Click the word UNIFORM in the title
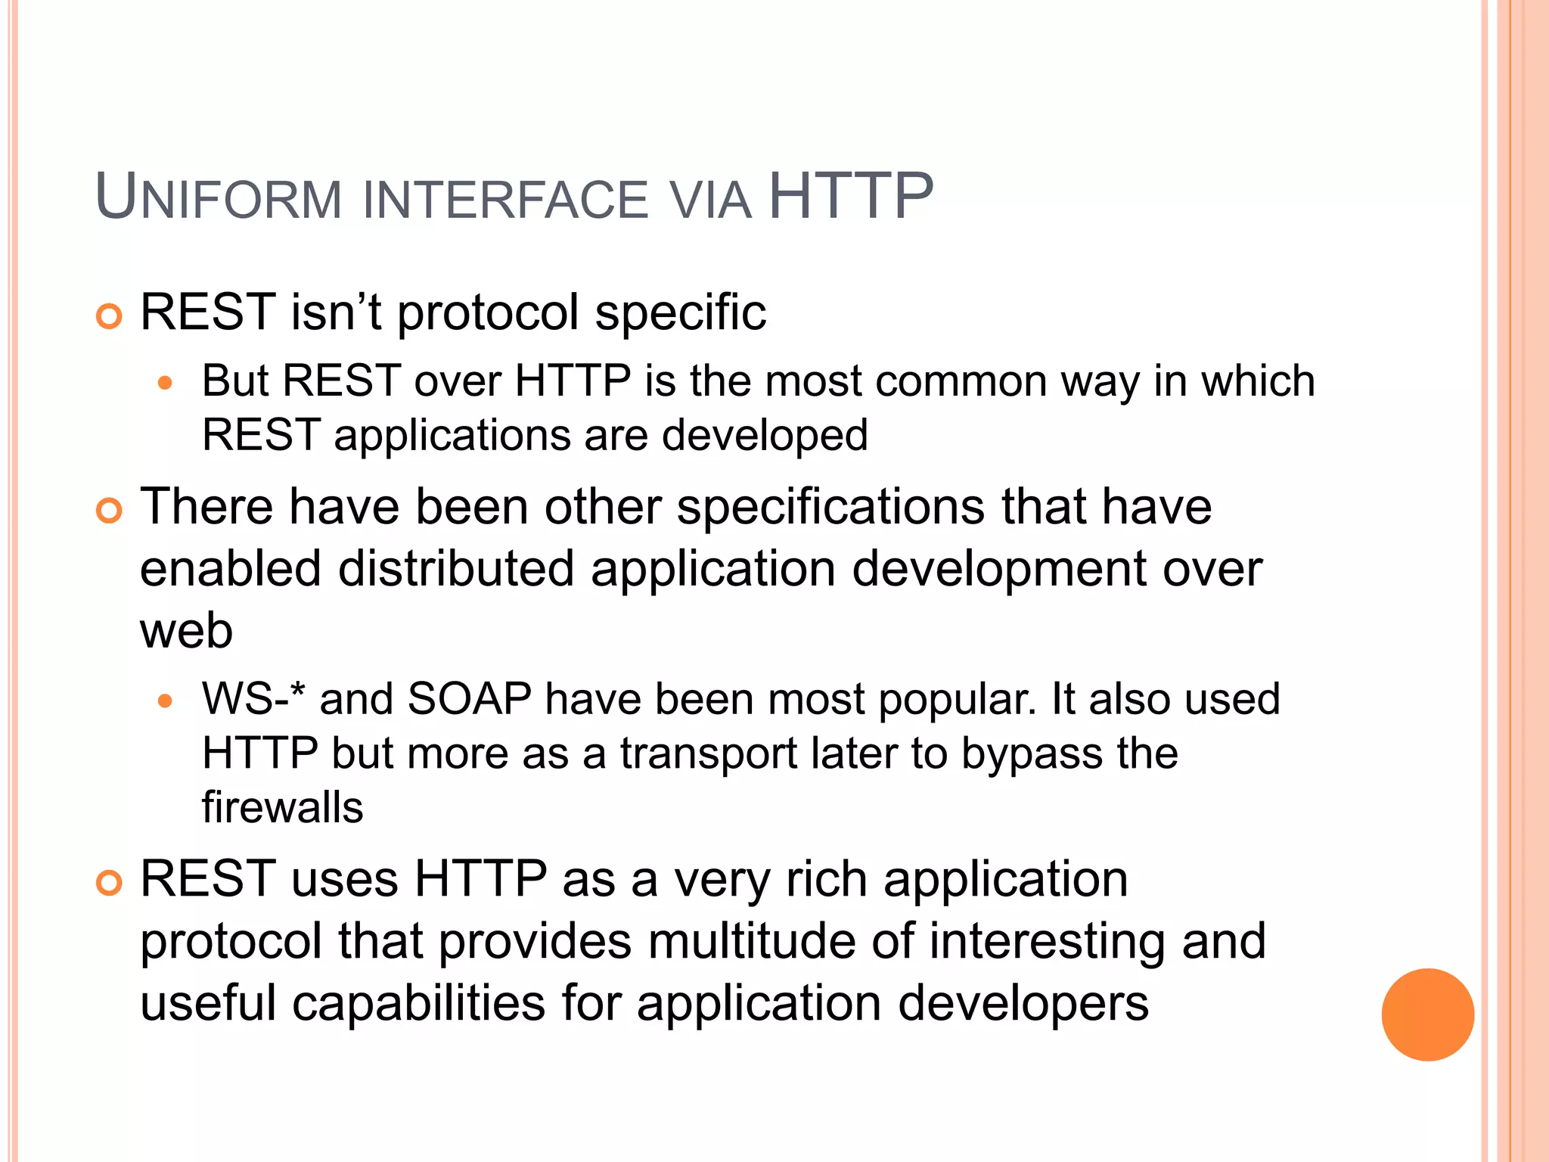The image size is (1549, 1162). (219, 198)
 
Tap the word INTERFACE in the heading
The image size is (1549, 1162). (505, 200)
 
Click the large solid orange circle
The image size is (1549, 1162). (1427, 1014)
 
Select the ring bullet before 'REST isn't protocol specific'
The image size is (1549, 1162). (110, 316)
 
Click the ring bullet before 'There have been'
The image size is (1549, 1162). (110, 511)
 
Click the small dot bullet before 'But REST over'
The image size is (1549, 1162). (166, 383)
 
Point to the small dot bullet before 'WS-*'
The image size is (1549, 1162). (166, 701)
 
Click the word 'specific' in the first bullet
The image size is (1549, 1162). (680, 312)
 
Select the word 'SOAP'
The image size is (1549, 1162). (469, 698)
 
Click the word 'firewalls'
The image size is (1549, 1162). (282, 807)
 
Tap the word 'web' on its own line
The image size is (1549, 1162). (186, 631)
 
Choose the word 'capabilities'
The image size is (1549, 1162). (418, 1003)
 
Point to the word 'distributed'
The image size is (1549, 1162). (455, 569)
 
